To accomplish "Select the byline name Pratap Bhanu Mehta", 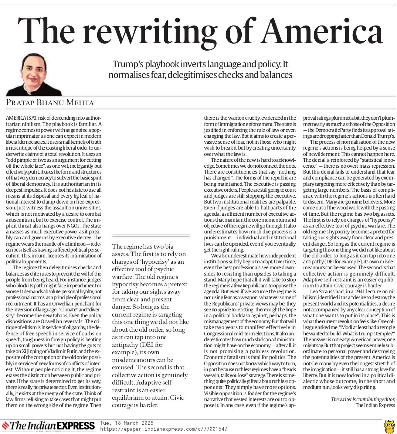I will [50, 102].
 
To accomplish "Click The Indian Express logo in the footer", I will [48, 426].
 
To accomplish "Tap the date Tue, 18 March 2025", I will [127, 423].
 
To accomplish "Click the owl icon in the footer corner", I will [389, 426].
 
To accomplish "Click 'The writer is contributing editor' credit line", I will [363, 399].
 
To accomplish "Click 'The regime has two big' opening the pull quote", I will [143, 246].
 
